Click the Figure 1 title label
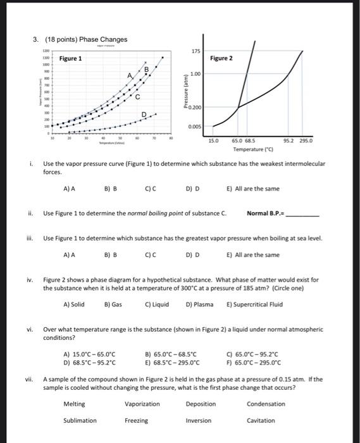pyautogui.click(x=70, y=58)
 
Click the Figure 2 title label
pyautogui.click(x=221, y=58)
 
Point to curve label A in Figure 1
pyautogui.click(x=130, y=75)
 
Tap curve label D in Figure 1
pyautogui.click(x=144, y=115)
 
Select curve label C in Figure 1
pyautogui.click(x=137, y=97)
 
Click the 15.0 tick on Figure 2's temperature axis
pyautogui.click(x=213, y=140)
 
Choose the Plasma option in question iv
pyautogui.click(x=199, y=304)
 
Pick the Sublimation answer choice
pyautogui.click(x=80, y=420)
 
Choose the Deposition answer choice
pyautogui.click(x=201, y=404)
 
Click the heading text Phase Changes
pyautogui.click(x=104, y=39)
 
